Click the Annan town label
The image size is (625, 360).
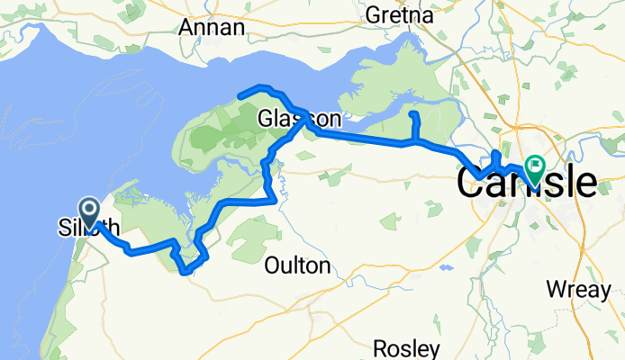tap(212, 27)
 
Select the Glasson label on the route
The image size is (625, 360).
tap(299, 119)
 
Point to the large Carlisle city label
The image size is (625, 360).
tap(526, 183)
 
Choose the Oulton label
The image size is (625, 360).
tap(298, 265)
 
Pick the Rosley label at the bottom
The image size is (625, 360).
tap(408, 347)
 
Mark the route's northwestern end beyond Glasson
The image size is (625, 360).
tap(240, 94)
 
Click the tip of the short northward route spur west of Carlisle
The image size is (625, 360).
tap(413, 115)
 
